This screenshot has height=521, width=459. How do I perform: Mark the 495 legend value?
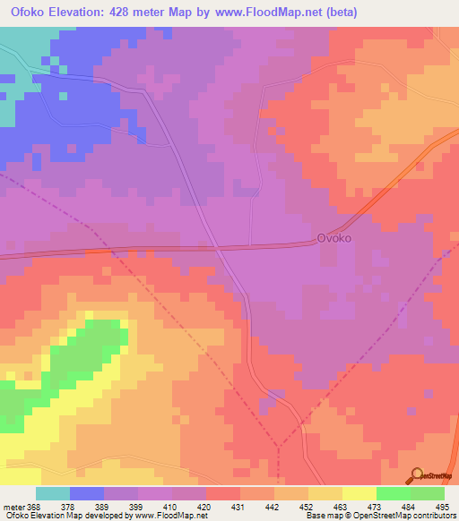(x=441, y=506)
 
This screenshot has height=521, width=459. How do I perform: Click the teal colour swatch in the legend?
(x=52, y=493)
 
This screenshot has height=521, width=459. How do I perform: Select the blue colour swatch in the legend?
(x=86, y=493)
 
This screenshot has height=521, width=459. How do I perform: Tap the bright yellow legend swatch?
(x=359, y=493)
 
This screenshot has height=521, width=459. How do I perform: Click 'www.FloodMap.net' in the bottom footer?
(x=171, y=516)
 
